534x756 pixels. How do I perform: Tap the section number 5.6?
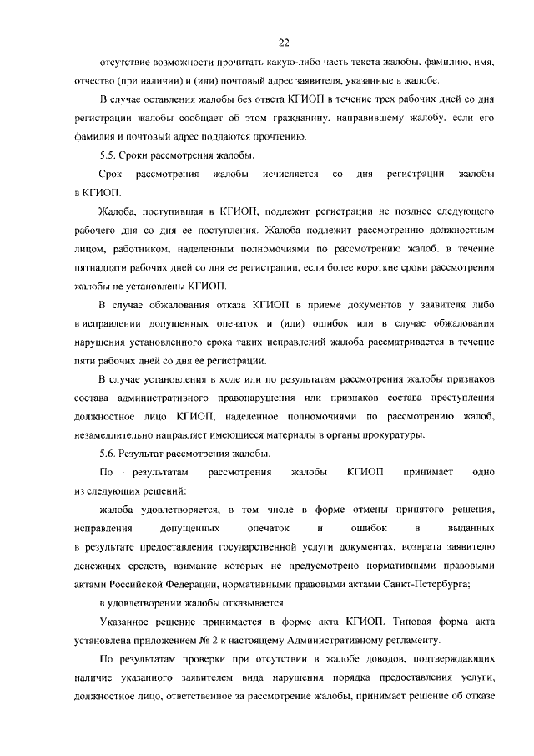[x=108, y=454]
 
